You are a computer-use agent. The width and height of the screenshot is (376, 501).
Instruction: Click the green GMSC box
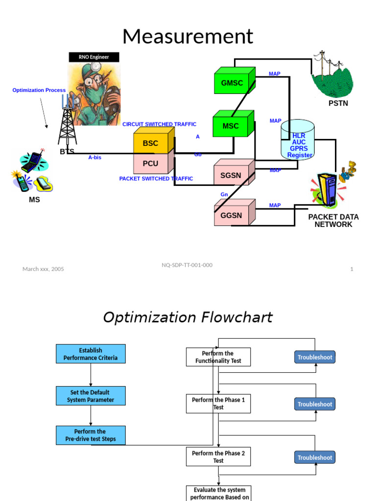[232, 83]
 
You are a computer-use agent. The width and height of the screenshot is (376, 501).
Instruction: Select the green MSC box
[231, 126]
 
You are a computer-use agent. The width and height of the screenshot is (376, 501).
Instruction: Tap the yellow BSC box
[151, 143]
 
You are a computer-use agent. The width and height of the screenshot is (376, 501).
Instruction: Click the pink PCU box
[151, 163]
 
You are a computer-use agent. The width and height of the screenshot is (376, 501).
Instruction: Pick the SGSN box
[231, 175]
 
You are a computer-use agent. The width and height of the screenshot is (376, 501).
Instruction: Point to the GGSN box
[231, 215]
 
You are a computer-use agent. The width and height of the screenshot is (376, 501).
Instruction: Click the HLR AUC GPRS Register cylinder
[298, 142]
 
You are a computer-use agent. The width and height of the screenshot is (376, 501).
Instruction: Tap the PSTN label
[338, 104]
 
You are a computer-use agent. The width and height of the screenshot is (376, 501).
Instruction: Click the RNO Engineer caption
[94, 57]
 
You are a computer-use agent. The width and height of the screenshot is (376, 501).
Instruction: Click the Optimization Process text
[39, 91]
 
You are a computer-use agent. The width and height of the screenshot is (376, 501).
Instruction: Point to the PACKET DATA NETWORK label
[333, 221]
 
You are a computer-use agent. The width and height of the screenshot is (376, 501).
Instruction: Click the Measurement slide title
[188, 37]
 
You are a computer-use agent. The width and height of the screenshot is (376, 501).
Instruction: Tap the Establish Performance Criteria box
[91, 354]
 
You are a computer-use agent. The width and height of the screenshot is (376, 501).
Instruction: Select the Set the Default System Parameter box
[91, 396]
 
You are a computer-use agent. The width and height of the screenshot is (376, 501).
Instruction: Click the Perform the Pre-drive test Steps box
[91, 435]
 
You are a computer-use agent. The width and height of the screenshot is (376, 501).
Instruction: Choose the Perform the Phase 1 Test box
[218, 404]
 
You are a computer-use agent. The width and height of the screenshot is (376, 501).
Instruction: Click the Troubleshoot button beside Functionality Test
[315, 357]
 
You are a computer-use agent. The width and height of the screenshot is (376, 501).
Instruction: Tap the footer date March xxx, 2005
[43, 269]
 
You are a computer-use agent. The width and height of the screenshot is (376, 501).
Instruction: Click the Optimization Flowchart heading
[188, 318]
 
